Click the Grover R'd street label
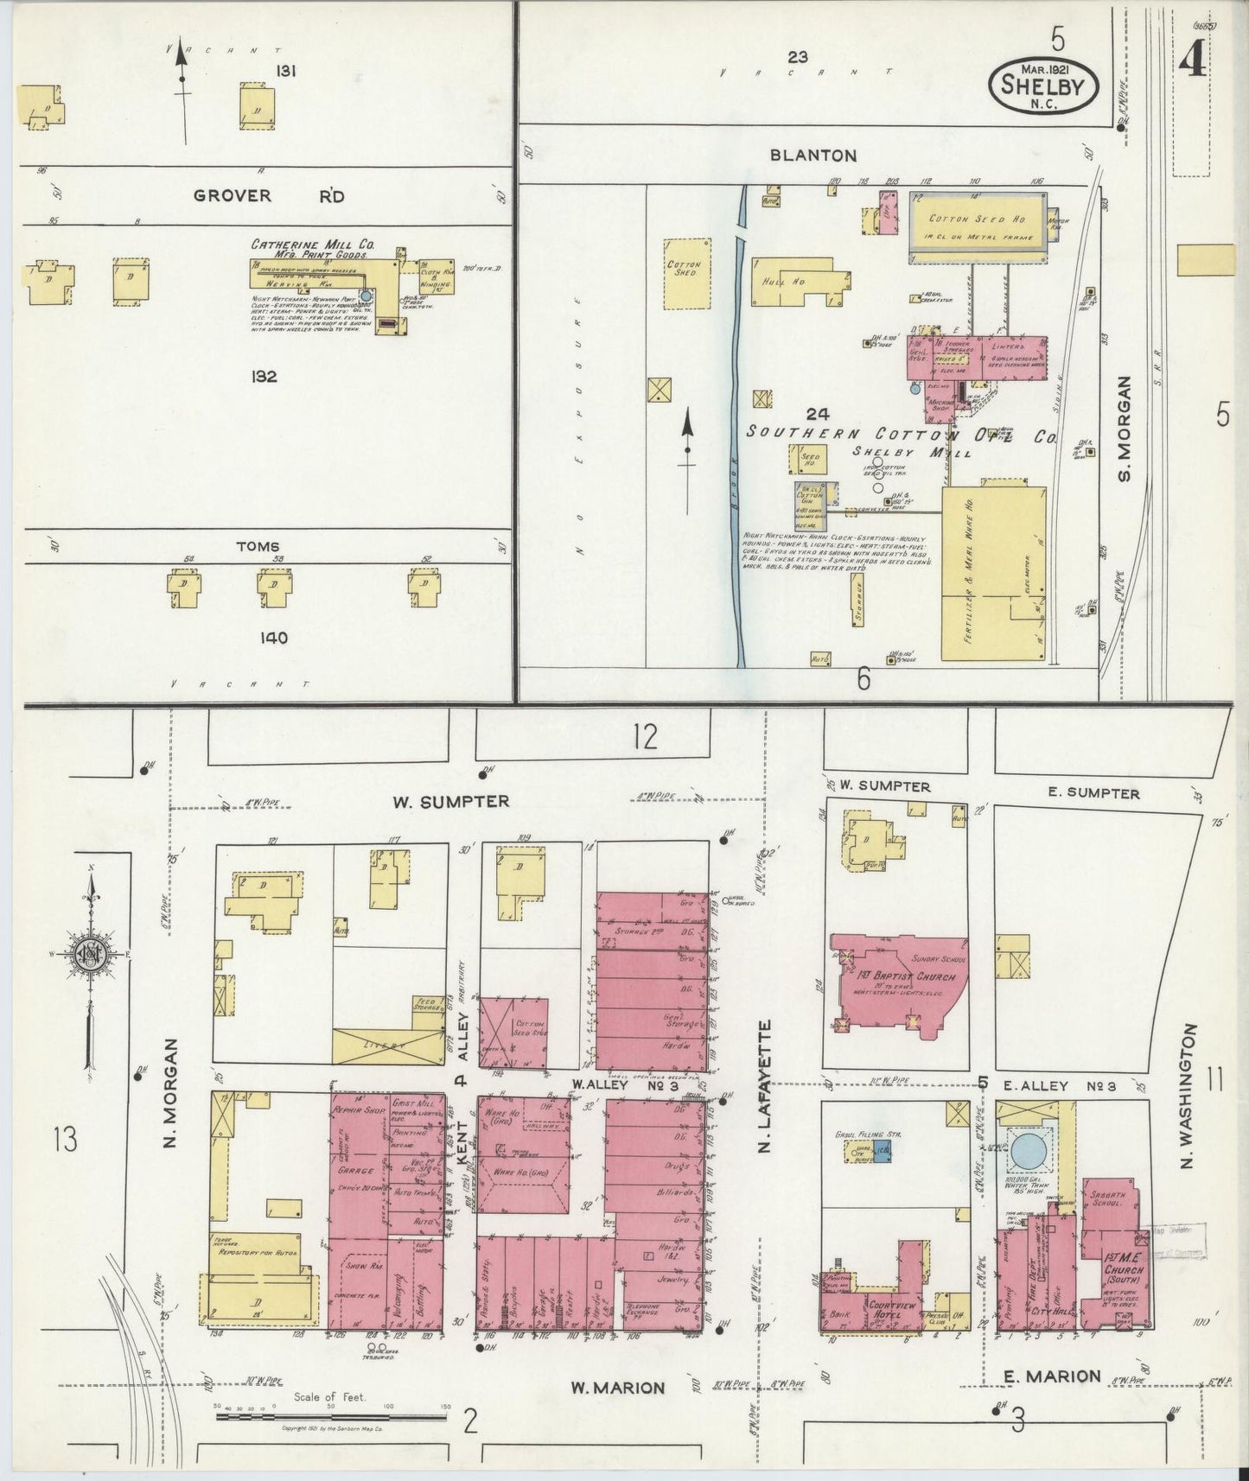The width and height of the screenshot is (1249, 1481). tap(268, 196)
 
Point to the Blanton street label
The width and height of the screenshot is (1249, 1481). tap(814, 156)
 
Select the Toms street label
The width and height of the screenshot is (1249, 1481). tap(257, 546)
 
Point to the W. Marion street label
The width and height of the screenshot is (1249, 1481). tap(617, 1388)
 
